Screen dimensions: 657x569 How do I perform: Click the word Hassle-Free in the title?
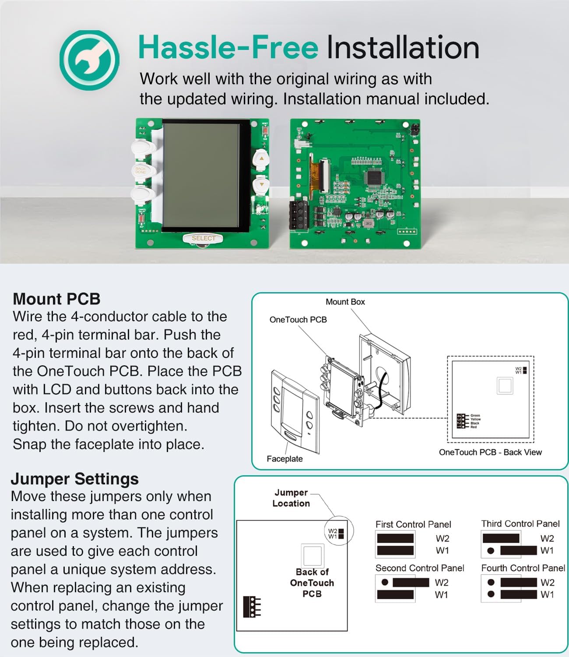coord(228,47)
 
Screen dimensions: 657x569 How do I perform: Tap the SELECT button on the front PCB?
coord(203,238)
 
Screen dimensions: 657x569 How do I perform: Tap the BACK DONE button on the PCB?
coord(141,170)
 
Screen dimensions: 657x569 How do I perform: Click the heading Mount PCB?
coord(57,299)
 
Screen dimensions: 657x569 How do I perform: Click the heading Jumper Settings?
coord(75,479)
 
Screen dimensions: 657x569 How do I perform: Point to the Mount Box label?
coord(345,302)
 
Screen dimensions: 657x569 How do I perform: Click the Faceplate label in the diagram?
coord(284,459)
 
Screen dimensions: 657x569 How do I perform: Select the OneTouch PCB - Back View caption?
coord(490,452)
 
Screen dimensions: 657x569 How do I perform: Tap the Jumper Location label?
coord(291,498)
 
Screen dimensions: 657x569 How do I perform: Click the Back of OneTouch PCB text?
coord(312,583)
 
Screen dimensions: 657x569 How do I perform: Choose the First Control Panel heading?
coord(413,524)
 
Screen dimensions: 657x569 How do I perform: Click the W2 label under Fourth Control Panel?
coord(547,583)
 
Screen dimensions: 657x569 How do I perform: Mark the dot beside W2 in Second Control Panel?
coord(385,583)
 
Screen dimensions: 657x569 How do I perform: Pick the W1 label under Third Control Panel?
coord(547,551)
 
